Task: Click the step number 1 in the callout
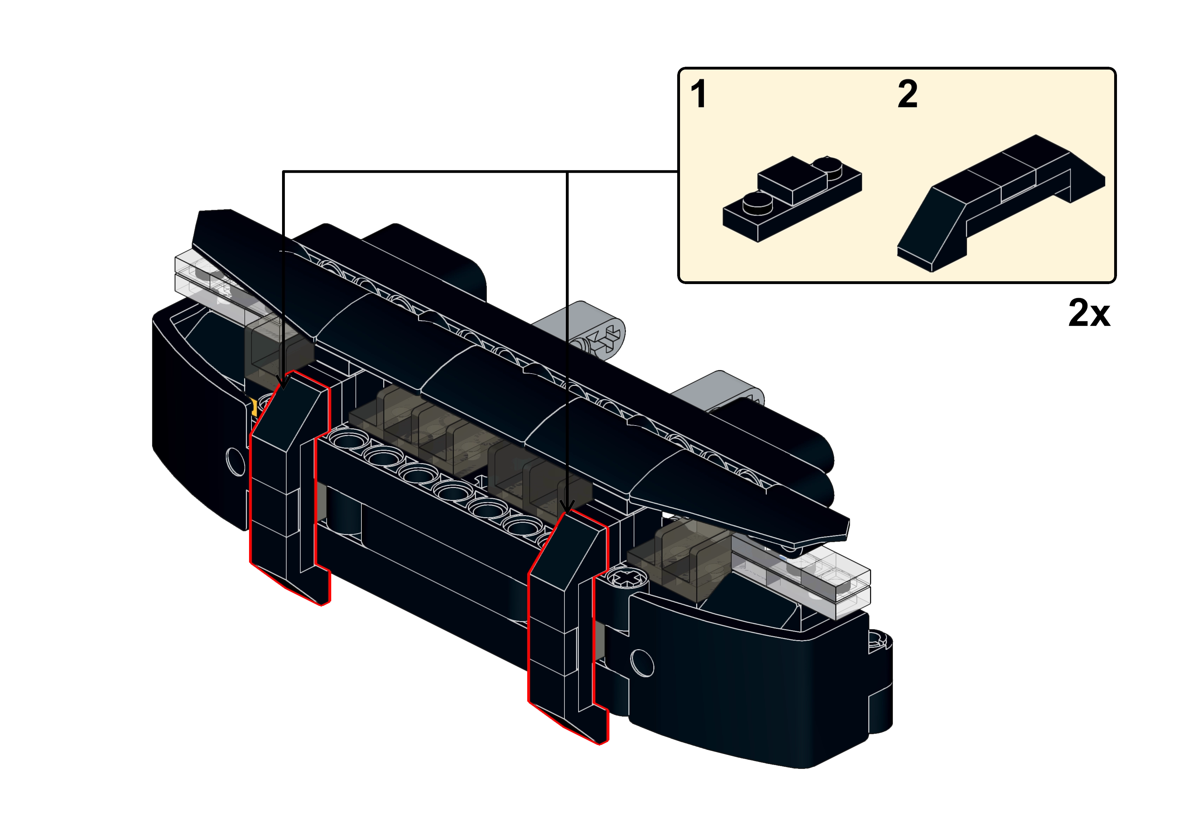pos(699,94)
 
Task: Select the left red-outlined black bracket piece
pos(289,487)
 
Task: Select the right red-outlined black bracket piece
pos(567,626)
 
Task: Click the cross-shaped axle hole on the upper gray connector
pos(608,338)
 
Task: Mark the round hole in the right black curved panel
pos(642,663)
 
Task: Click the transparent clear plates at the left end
pos(216,281)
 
